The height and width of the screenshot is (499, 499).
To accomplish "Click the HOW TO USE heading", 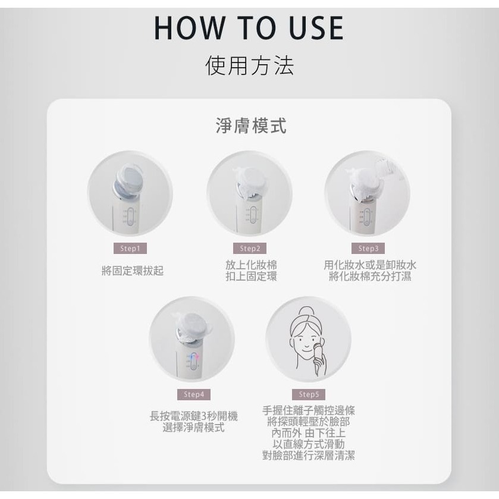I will pos(249,28).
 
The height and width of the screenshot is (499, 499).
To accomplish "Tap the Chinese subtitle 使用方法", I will pos(249,65).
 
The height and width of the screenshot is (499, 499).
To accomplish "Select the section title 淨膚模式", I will pos(250,126).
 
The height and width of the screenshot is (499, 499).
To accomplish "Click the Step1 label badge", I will pos(130,249).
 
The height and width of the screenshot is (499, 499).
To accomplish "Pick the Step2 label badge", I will pos(250,249).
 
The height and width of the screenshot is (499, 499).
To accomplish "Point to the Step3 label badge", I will pos(368,249).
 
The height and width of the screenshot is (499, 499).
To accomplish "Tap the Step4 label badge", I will pos(193,394).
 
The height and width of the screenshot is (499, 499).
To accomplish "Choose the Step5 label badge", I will pos(309,394).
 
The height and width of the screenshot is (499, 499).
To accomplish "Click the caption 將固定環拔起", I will pos(132,271).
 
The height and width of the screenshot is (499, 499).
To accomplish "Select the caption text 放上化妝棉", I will pos(251,265).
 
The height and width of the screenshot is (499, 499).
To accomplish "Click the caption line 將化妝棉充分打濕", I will pos(370,277).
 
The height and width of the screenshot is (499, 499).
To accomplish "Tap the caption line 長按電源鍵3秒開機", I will pos(193,417).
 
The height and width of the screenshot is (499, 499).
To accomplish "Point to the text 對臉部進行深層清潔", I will pos(309,456).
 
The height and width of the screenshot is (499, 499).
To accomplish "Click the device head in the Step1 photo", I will pos(130,179).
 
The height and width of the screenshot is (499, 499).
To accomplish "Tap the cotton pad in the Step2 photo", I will pos(252,179).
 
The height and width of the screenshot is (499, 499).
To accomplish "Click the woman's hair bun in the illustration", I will pos(307,312).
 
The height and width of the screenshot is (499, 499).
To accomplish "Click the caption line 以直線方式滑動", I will pos(309,444).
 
